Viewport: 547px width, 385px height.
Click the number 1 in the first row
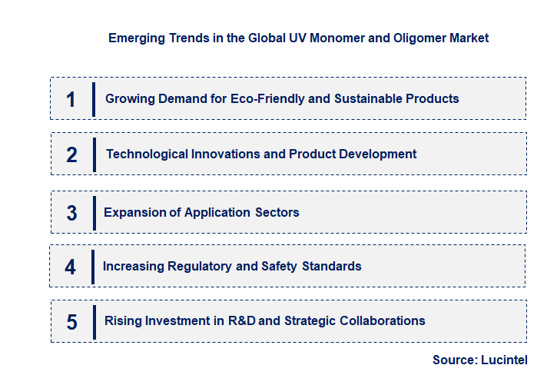[71, 99]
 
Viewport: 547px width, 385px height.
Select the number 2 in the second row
[71, 154]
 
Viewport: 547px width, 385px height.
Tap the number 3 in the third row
[71, 213]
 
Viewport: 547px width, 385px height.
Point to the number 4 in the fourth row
[71, 267]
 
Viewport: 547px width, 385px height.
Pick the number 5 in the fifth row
[71, 322]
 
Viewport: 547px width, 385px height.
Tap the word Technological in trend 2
[143, 154]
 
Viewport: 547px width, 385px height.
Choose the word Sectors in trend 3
[277, 212]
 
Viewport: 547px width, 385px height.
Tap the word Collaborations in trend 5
[379, 320]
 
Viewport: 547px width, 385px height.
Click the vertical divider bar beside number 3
[94, 213]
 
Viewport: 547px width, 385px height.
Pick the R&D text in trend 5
[245, 320]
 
